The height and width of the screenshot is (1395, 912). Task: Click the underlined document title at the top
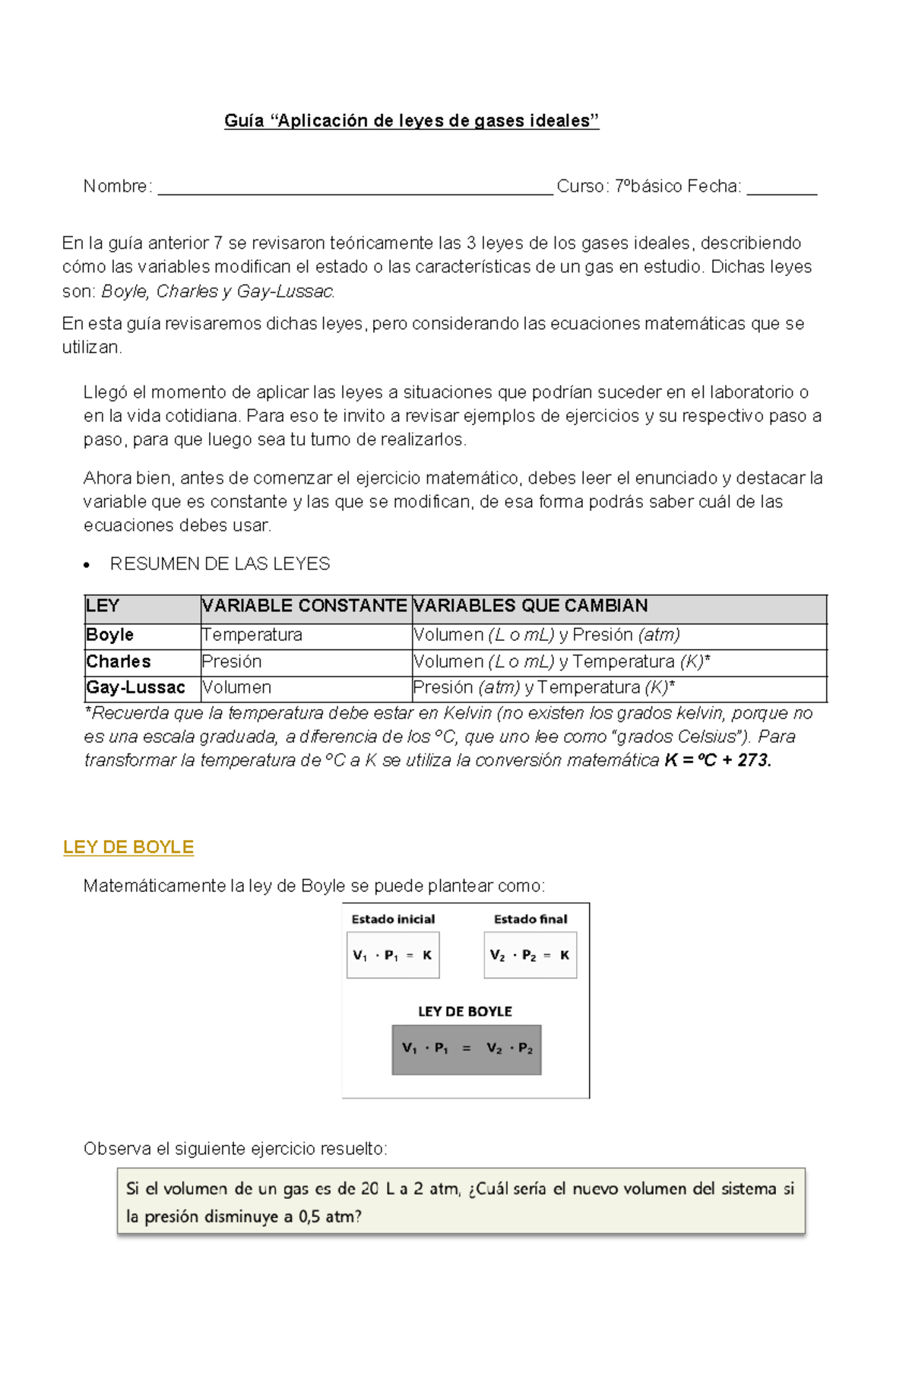(411, 121)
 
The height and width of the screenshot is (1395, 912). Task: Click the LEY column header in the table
(103, 606)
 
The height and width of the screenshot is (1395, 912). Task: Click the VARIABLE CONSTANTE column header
(304, 606)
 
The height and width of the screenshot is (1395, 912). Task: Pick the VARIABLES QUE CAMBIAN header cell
(530, 606)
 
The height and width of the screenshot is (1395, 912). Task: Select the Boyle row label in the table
(110, 635)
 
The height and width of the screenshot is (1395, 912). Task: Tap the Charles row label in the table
(119, 661)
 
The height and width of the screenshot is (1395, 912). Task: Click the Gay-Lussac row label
(136, 687)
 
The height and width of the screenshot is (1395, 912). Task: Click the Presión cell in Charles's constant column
(232, 661)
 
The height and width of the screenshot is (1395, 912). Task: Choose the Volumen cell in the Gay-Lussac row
(236, 687)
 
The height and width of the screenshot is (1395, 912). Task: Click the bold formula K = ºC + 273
(717, 760)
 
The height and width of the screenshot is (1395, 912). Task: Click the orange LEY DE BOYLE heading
(128, 847)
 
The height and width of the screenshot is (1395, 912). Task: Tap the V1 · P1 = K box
(393, 956)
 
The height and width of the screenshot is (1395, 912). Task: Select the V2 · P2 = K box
(530, 956)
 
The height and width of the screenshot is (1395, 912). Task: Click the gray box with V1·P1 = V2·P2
(467, 1049)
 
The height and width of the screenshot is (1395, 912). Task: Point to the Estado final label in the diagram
(530, 919)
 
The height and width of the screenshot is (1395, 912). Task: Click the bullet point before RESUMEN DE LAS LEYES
(88, 565)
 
